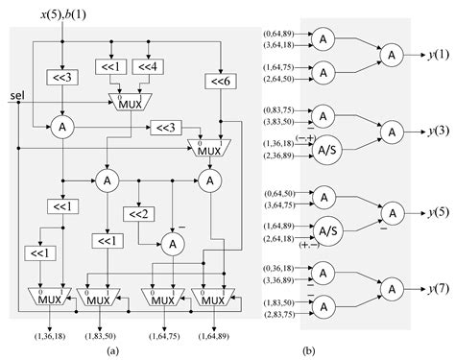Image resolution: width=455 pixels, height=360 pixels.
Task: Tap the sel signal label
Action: (16, 96)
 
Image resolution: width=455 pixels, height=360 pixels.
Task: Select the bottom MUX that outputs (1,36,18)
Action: (49, 299)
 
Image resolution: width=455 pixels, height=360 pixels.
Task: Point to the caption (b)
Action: (363, 351)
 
